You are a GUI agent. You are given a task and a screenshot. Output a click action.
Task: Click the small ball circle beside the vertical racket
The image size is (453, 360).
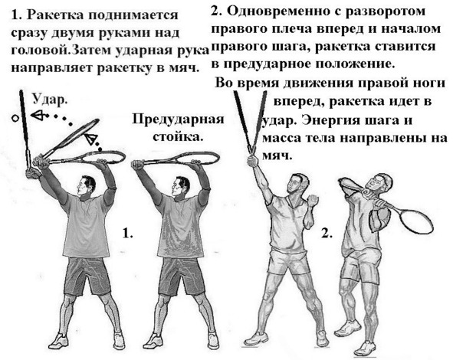click(15, 118)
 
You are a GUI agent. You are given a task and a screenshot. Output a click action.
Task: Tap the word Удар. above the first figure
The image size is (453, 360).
click(50, 100)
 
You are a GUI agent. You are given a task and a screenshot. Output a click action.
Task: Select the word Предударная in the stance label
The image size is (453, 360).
click(178, 119)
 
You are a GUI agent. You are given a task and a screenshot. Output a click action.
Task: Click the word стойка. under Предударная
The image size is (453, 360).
click(177, 136)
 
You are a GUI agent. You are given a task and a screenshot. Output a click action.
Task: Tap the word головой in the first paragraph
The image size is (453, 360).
click(41, 51)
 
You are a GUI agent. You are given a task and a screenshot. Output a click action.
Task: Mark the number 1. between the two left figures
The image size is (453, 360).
click(128, 233)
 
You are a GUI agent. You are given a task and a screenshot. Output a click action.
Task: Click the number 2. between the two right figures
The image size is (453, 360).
click(327, 234)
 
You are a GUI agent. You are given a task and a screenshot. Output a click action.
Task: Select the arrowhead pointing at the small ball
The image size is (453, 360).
click(38, 115)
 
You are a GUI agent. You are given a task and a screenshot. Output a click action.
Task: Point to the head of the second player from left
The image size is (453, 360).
click(181, 186)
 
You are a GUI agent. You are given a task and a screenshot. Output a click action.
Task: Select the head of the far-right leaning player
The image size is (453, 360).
click(381, 185)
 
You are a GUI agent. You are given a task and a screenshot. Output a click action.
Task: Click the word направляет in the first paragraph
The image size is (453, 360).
click(52, 68)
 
